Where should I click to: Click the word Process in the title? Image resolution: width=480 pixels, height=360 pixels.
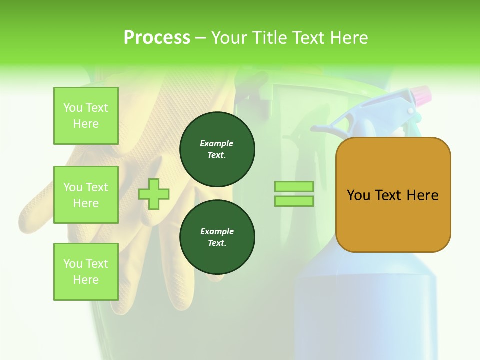click(x=157, y=37)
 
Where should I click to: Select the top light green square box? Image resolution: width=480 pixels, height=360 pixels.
click(x=86, y=116)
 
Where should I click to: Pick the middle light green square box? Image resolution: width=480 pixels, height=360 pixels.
click(x=86, y=195)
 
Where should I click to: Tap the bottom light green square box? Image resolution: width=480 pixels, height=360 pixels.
click(x=86, y=272)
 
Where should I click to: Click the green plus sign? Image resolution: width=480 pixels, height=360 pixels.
click(x=154, y=194)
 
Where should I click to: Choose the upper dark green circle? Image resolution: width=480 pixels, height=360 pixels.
click(x=217, y=149)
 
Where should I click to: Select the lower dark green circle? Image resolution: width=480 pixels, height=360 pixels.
click(x=217, y=237)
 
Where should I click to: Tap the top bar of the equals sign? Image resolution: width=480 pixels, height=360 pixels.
click(x=294, y=186)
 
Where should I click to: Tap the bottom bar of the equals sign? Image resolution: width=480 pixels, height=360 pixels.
click(x=294, y=201)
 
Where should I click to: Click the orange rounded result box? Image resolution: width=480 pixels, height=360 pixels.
click(x=393, y=195)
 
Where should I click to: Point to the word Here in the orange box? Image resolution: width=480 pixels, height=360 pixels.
click(x=422, y=195)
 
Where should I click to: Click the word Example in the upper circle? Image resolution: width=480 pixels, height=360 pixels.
click(x=217, y=143)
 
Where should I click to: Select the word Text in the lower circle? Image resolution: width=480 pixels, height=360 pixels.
click(x=216, y=243)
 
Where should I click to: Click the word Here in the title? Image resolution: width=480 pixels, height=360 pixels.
click(x=348, y=37)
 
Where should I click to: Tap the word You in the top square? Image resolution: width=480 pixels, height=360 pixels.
click(x=73, y=108)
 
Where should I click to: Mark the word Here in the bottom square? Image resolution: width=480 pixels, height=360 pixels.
click(x=86, y=280)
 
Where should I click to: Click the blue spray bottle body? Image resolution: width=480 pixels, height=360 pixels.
click(x=365, y=310)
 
